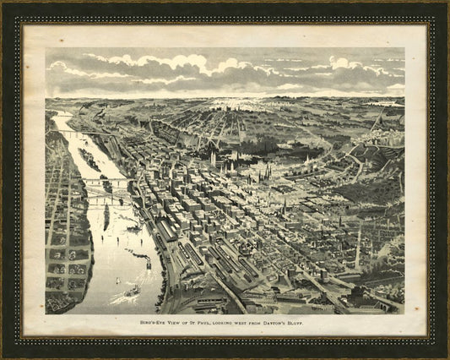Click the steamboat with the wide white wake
click(133, 292)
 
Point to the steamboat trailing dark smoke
click(139, 254)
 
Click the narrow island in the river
click(105, 215)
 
